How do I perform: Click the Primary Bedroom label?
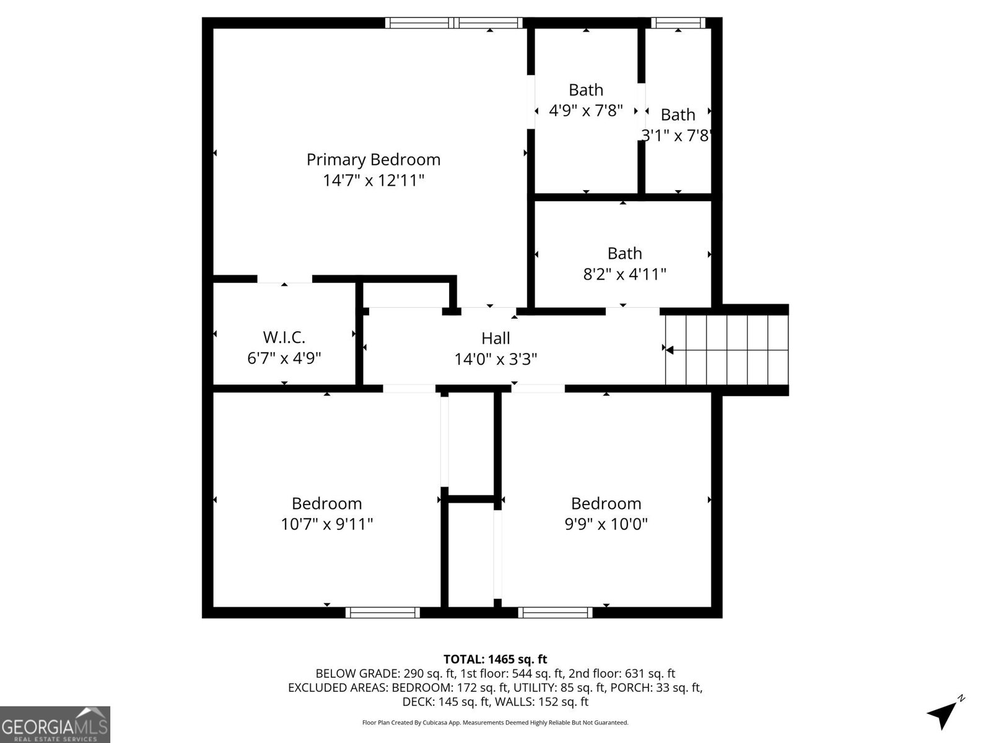[373, 160]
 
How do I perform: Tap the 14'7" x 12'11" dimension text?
[373, 181]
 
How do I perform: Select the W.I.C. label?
[284, 337]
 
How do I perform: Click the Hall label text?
[495, 338]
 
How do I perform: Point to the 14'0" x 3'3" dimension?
[495, 359]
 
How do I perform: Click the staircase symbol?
[727, 350]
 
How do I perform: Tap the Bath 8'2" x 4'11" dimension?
[624, 274]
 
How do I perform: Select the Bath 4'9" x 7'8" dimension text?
[586, 111]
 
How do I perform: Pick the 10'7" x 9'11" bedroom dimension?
[327, 524]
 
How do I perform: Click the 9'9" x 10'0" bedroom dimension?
[606, 524]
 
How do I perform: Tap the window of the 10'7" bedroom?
[382, 612]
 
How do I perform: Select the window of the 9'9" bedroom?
[556, 612]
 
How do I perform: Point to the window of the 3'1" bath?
[678, 23]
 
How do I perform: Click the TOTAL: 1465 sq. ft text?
[495, 659]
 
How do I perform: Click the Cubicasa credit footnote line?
[495, 723]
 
